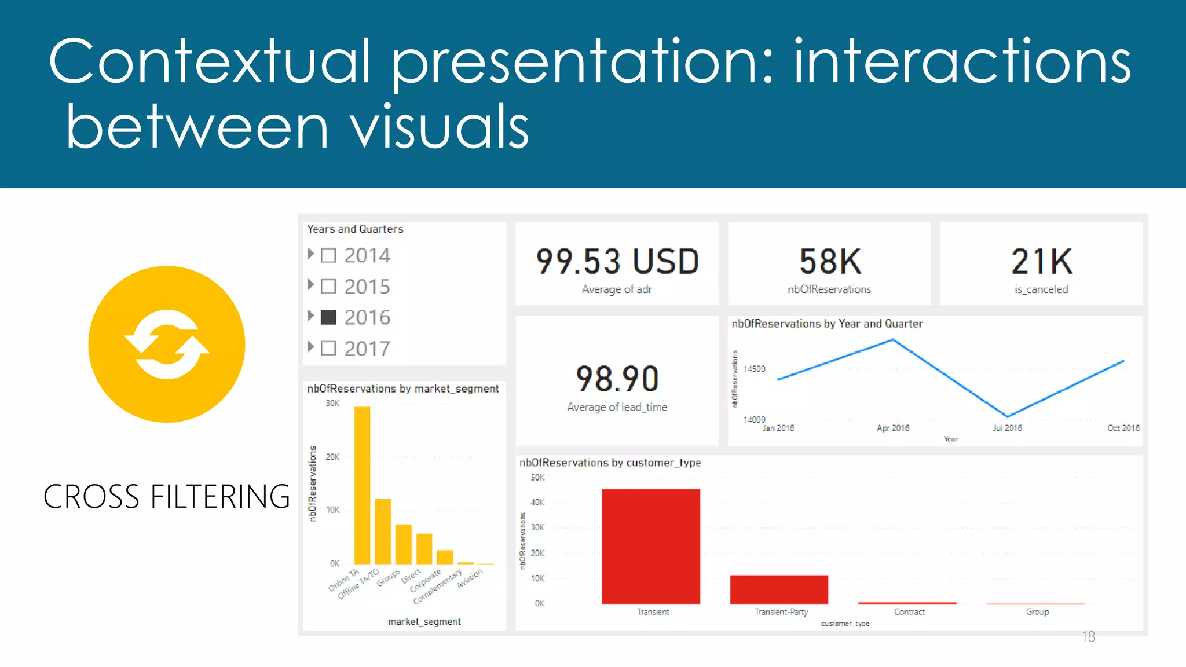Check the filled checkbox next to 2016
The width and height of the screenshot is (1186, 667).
pos(328,317)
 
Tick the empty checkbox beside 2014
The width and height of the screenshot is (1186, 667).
pos(328,255)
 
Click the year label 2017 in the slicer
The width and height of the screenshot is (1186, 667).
pos(367,349)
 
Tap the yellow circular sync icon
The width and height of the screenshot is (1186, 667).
pos(167,344)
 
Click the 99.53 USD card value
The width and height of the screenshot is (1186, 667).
pos(617,262)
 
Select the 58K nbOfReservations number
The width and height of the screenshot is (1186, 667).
pos(830,262)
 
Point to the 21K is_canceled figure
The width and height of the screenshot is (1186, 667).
pos(1041,262)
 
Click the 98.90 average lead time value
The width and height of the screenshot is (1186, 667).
pos(617,379)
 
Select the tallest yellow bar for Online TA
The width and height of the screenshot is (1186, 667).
pos(362,485)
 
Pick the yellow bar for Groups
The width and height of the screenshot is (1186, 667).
pos(404,544)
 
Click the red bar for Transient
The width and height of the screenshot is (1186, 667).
pos(651,546)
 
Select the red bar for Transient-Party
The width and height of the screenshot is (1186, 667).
pos(779,589)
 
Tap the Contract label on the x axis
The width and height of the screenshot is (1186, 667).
pos(909,612)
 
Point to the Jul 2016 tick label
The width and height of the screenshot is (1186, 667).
pos(1007,428)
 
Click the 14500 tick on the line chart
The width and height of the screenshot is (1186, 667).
pos(754,369)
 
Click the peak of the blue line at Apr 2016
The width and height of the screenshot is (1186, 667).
pos(893,340)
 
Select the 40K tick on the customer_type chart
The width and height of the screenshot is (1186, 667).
pos(537,503)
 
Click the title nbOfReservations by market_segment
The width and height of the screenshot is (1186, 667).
pos(402,389)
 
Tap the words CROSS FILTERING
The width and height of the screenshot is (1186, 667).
pos(167,497)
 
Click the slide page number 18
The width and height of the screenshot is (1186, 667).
pos(1089,637)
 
